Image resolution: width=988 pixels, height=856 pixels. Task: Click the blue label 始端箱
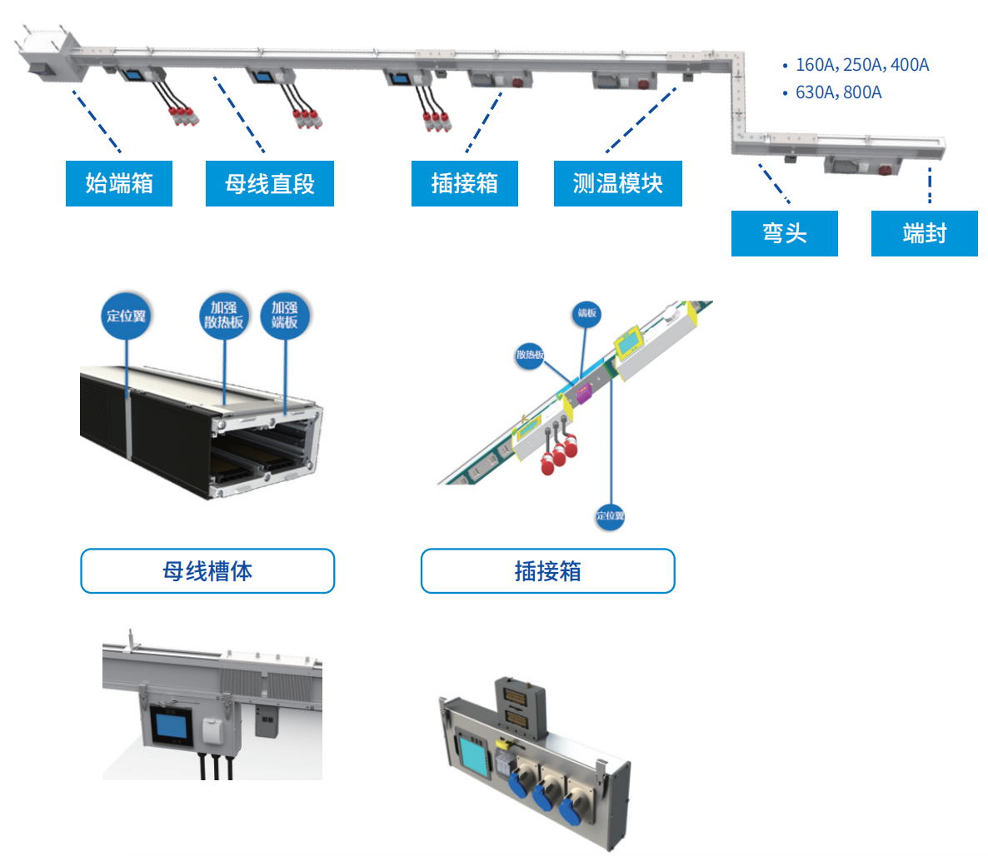(x=119, y=183)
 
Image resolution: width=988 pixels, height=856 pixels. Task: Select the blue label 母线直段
(x=269, y=183)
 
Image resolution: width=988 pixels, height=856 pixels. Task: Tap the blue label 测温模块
(x=617, y=183)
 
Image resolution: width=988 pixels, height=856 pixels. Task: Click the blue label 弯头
(x=784, y=233)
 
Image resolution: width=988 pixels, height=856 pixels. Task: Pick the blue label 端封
(x=924, y=233)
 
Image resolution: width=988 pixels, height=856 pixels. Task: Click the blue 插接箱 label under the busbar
(x=464, y=183)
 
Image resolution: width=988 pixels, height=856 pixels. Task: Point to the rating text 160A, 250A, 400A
(x=861, y=65)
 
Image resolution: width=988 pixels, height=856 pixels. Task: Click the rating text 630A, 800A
(x=838, y=92)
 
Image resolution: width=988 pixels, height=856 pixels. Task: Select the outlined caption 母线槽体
(x=207, y=571)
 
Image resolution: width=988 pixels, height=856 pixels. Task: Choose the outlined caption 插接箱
(x=547, y=571)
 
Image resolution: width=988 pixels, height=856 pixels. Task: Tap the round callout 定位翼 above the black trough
(x=126, y=316)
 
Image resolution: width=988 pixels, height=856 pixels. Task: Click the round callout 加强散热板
(x=223, y=316)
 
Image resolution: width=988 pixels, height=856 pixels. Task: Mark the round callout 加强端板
(x=284, y=316)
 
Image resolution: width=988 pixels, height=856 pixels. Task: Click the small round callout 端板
(x=587, y=313)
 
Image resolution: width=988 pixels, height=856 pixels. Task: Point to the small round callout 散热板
(x=530, y=355)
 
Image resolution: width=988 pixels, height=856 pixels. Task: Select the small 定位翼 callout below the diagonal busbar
(x=610, y=516)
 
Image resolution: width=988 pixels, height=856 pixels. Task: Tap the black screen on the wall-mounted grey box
(x=171, y=726)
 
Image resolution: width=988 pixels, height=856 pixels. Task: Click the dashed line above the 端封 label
(x=930, y=187)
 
